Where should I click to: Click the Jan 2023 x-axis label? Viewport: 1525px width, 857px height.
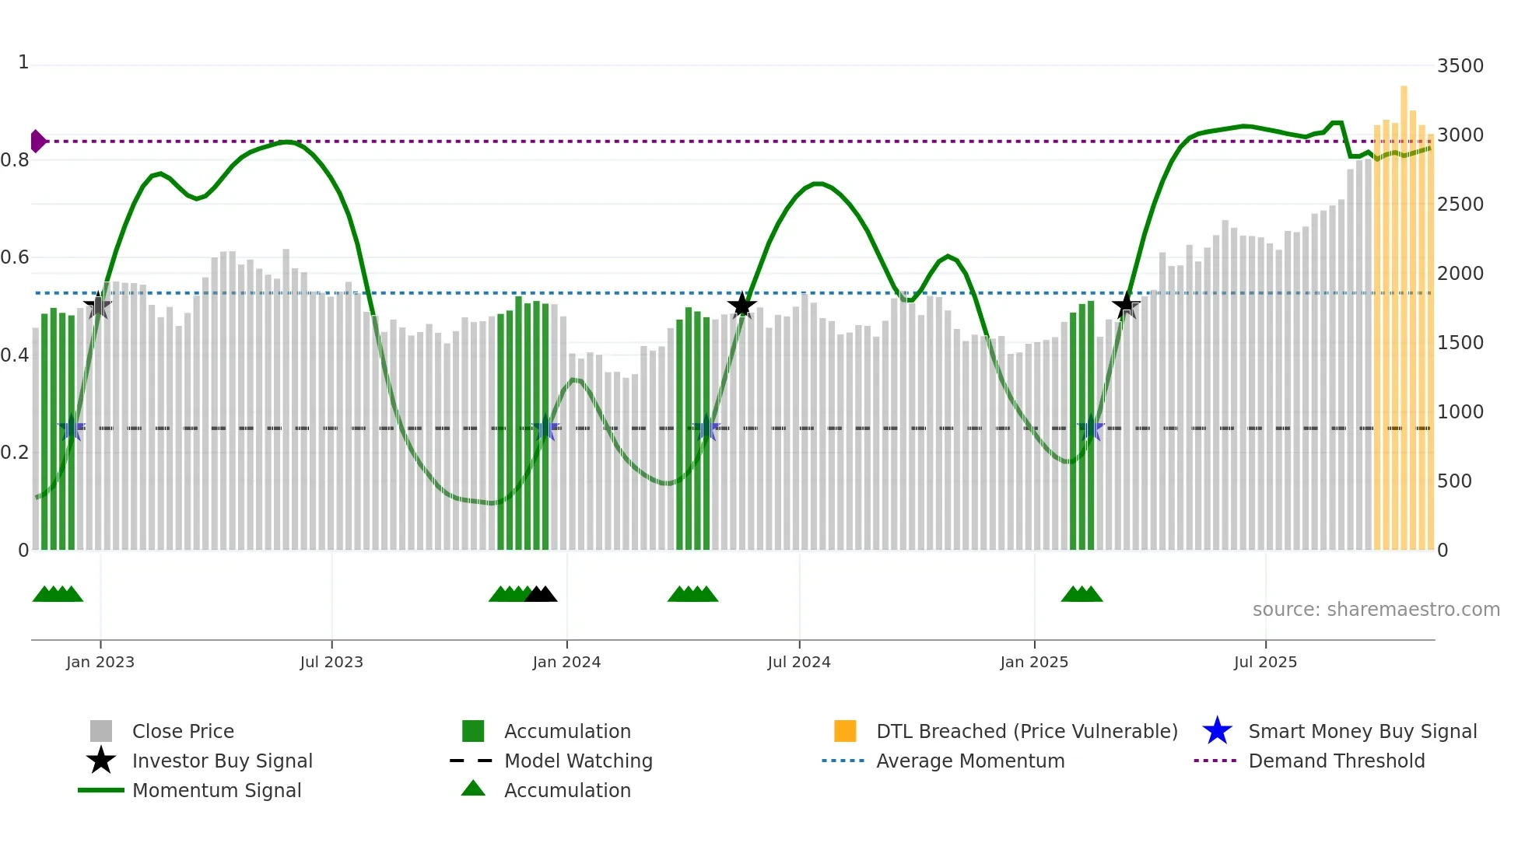tap(100, 662)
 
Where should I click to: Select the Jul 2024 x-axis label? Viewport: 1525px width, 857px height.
tap(799, 662)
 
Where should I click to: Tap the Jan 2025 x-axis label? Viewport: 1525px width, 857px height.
tap(1034, 662)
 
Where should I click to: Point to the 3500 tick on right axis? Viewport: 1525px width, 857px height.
tap(1460, 66)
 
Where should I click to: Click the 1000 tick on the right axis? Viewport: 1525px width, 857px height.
tap(1460, 412)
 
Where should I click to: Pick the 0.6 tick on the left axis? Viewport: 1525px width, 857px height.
tap(15, 257)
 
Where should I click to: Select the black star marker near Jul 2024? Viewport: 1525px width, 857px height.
tap(741, 306)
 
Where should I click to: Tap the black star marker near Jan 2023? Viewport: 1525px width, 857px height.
tap(98, 306)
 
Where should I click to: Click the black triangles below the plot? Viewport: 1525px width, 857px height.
tap(541, 595)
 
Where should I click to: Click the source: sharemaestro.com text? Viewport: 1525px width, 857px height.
tap(1376, 610)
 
